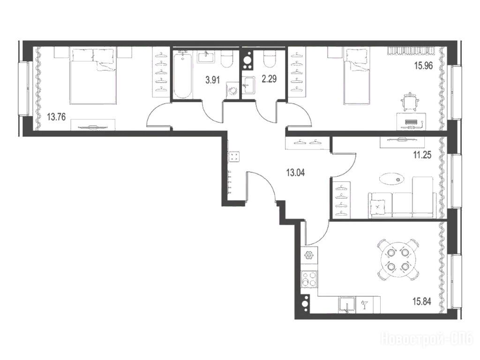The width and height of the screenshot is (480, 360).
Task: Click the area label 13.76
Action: (57, 117)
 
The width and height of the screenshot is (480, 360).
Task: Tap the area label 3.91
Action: (213, 80)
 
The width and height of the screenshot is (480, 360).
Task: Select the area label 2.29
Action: (270, 79)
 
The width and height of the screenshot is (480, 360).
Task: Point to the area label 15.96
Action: (423, 66)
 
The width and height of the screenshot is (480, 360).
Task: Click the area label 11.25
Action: (422, 155)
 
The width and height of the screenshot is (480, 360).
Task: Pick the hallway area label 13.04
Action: (295, 173)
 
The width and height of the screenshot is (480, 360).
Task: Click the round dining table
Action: (397, 260)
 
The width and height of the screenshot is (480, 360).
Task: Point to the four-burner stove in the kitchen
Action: (309, 279)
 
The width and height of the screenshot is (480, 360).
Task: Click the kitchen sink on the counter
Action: (347, 305)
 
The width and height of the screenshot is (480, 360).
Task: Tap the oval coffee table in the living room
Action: (391, 179)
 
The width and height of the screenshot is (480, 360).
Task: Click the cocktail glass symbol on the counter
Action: (364, 305)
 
